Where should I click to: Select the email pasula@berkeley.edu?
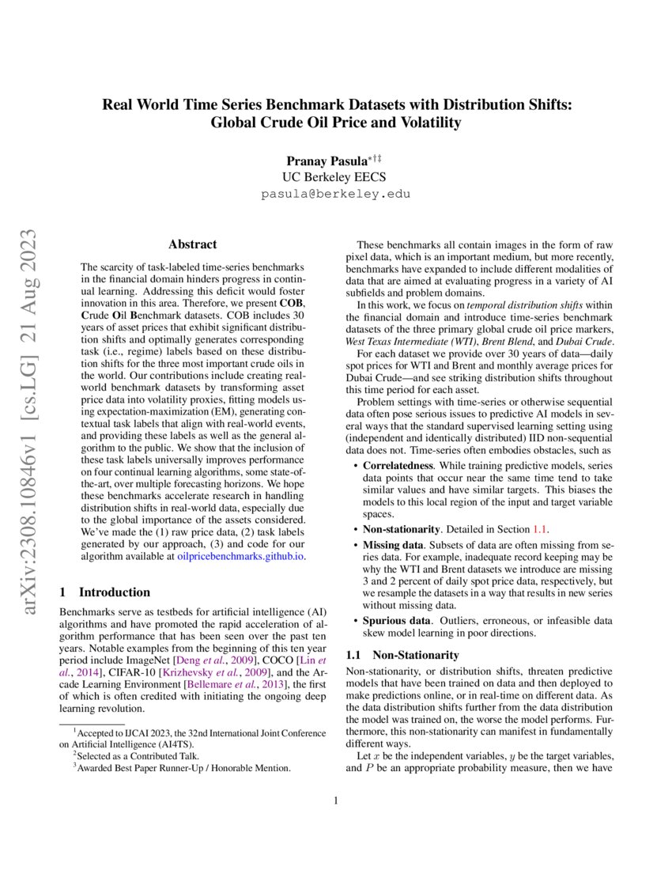[336, 193]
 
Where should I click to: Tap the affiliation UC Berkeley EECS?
[336, 177]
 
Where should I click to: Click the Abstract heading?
[193, 244]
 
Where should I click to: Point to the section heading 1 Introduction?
[105, 592]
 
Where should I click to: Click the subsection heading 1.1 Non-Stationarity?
[403, 655]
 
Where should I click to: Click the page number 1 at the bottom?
[336, 801]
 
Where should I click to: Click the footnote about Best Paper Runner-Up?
[183, 767]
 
